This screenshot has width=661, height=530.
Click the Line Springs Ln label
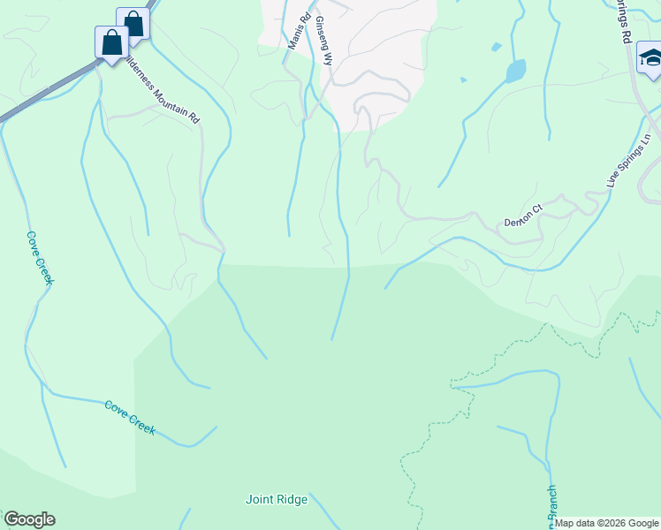[x=628, y=160]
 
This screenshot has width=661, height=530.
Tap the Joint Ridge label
[x=276, y=500]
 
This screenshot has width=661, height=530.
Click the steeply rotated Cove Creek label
[x=40, y=258]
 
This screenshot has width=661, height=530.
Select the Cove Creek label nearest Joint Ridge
[x=130, y=417]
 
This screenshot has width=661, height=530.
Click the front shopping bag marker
[x=112, y=42]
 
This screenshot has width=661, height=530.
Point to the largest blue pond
[x=515, y=71]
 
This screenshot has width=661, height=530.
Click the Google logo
[x=29, y=519]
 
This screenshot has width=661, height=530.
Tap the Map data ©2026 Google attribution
[x=607, y=523]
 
